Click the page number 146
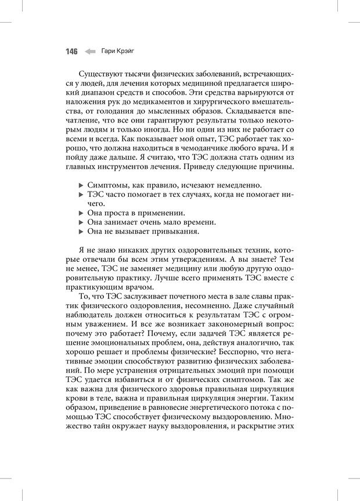pyautogui.click(x=71, y=52)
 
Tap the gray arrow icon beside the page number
pyautogui.click(x=89, y=52)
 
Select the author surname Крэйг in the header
pyautogui.click(x=125, y=52)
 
